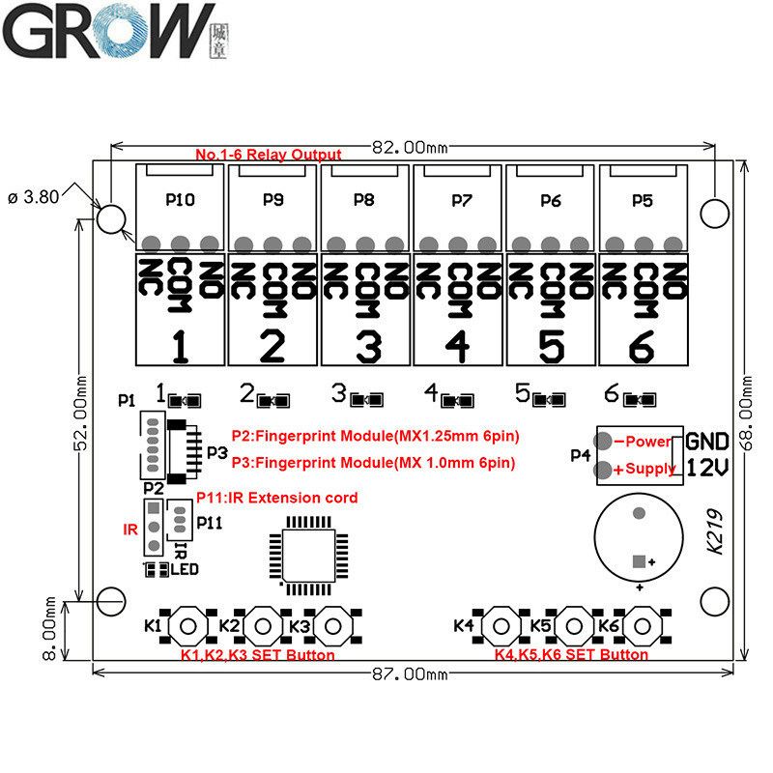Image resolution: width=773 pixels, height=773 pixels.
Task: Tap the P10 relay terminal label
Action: [180, 201]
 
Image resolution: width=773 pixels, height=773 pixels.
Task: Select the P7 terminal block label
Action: [460, 201]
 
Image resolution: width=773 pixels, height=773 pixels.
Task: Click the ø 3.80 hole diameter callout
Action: [34, 196]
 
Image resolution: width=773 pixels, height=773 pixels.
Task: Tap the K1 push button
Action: [189, 626]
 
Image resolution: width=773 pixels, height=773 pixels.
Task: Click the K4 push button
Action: [501, 626]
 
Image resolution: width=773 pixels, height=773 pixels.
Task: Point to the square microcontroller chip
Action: [301, 551]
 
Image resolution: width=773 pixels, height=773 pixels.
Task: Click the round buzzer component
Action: [638, 537]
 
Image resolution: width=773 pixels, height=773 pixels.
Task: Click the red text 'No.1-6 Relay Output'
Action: [268, 155]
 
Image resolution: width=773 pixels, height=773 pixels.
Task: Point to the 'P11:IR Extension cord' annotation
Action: [276, 498]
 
